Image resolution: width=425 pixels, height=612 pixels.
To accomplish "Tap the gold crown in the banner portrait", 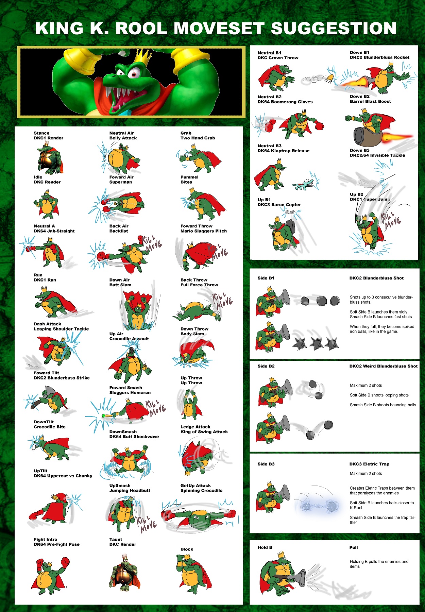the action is pos(142,57).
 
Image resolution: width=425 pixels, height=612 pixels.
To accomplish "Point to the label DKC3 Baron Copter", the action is pos(279,205).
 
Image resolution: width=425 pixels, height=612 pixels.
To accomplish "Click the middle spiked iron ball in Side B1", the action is pos(317,344).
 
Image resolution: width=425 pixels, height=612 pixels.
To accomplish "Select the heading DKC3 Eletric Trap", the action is pos(369,464).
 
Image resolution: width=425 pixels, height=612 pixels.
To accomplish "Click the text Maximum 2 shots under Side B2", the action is pos(366,385).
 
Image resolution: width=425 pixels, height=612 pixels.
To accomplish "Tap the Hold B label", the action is pos(265,547).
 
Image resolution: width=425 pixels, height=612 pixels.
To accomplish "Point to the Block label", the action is pos(187,549).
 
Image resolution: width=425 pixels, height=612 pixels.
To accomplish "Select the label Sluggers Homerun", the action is pos(130,393).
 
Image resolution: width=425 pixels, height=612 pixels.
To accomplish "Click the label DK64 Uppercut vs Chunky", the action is pos(63,476).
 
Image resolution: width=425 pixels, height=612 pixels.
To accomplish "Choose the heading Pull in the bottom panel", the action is pos(354,547).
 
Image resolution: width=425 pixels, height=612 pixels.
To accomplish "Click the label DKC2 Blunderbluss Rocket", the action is pos(379,57).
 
